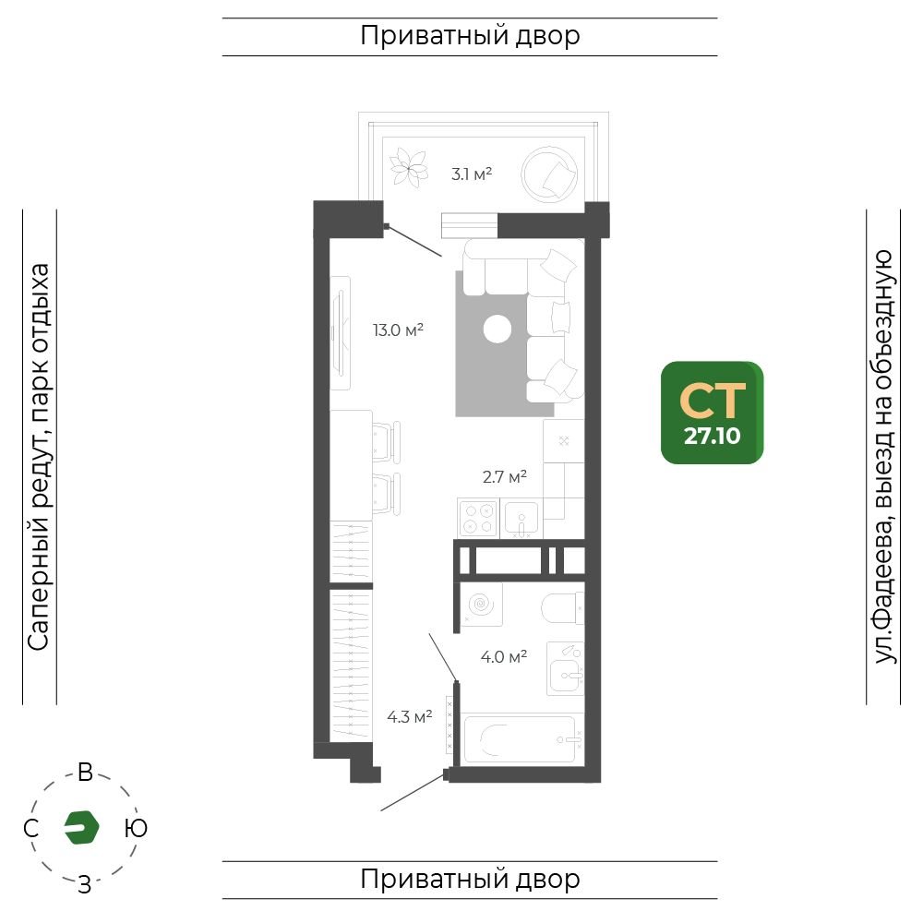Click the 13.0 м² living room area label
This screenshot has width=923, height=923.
[x=398, y=330]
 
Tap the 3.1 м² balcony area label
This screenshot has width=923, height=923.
[x=472, y=174]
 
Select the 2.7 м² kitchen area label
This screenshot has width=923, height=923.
[x=505, y=476]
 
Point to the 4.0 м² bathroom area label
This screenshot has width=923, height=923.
[x=503, y=656]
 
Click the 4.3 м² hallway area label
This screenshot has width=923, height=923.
[x=410, y=717]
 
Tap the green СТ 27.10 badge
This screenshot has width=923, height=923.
[x=713, y=413]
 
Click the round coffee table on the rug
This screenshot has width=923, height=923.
[x=497, y=330]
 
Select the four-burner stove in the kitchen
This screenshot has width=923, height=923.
[x=478, y=519]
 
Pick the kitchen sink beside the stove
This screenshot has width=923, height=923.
[x=521, y=519]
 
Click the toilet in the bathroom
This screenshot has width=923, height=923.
[x=562, y=608]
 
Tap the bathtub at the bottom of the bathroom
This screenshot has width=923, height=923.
[x=522, y=738]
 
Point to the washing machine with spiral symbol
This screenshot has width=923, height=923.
[x=482, y=604]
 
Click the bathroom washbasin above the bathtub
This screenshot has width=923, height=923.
[x=565, y=668]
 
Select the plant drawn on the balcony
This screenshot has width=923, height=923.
[x=409, y=166]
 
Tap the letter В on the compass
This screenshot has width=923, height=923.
[x=85, y=773]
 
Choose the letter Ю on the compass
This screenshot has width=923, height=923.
[x=136, y=828]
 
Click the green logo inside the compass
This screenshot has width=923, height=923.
[x=81, y=827]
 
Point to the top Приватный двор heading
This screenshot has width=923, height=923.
[x=470, y=36]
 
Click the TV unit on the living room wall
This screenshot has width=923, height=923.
[x=341, y=332]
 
